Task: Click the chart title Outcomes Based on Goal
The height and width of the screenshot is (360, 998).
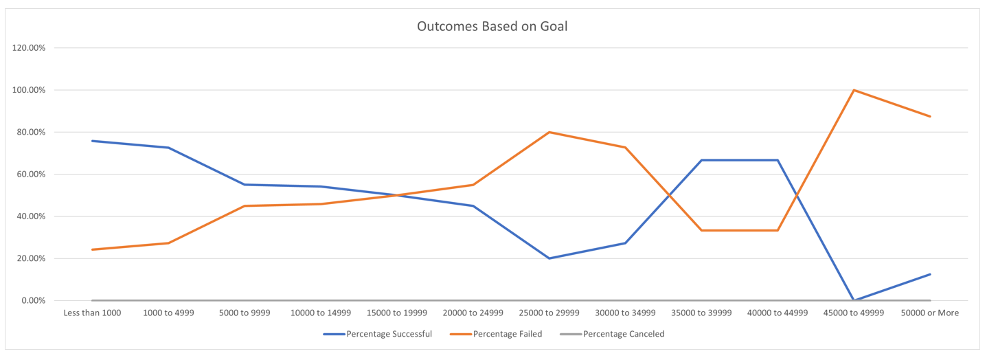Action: (x=492, y=27)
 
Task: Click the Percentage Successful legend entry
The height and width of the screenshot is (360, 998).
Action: (x=389, y=335)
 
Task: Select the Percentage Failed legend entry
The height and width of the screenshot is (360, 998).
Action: (x=508, y=335)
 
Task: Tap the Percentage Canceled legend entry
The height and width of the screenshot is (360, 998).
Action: (x=624, y=335)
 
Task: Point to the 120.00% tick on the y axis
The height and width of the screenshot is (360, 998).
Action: (x=30, y=48)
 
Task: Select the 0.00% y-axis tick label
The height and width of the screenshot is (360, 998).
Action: (x=33, y=301)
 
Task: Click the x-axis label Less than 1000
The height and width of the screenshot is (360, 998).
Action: (x=91, y=313)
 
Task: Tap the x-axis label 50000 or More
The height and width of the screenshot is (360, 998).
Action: (x=930, y=313)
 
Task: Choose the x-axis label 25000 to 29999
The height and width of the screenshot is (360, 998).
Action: (x=549, y=313)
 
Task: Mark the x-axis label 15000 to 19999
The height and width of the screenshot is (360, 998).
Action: (x=396, y=313)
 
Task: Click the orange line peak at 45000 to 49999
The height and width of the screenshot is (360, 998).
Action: (x=854, y=90)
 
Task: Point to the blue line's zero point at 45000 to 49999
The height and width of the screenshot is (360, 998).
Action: (x=854, y=300)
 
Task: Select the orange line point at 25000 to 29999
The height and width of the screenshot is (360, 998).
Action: (x=549, y=132)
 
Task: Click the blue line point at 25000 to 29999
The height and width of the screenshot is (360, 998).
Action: (x=549, y=258)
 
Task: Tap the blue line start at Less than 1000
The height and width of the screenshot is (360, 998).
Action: (x=91, y=141)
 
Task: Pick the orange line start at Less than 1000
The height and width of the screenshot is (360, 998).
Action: (x=91, y=249)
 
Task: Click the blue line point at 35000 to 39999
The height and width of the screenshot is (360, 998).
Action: (x=701, y=160)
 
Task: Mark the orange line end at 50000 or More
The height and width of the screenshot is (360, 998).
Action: (x=930, y=116)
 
